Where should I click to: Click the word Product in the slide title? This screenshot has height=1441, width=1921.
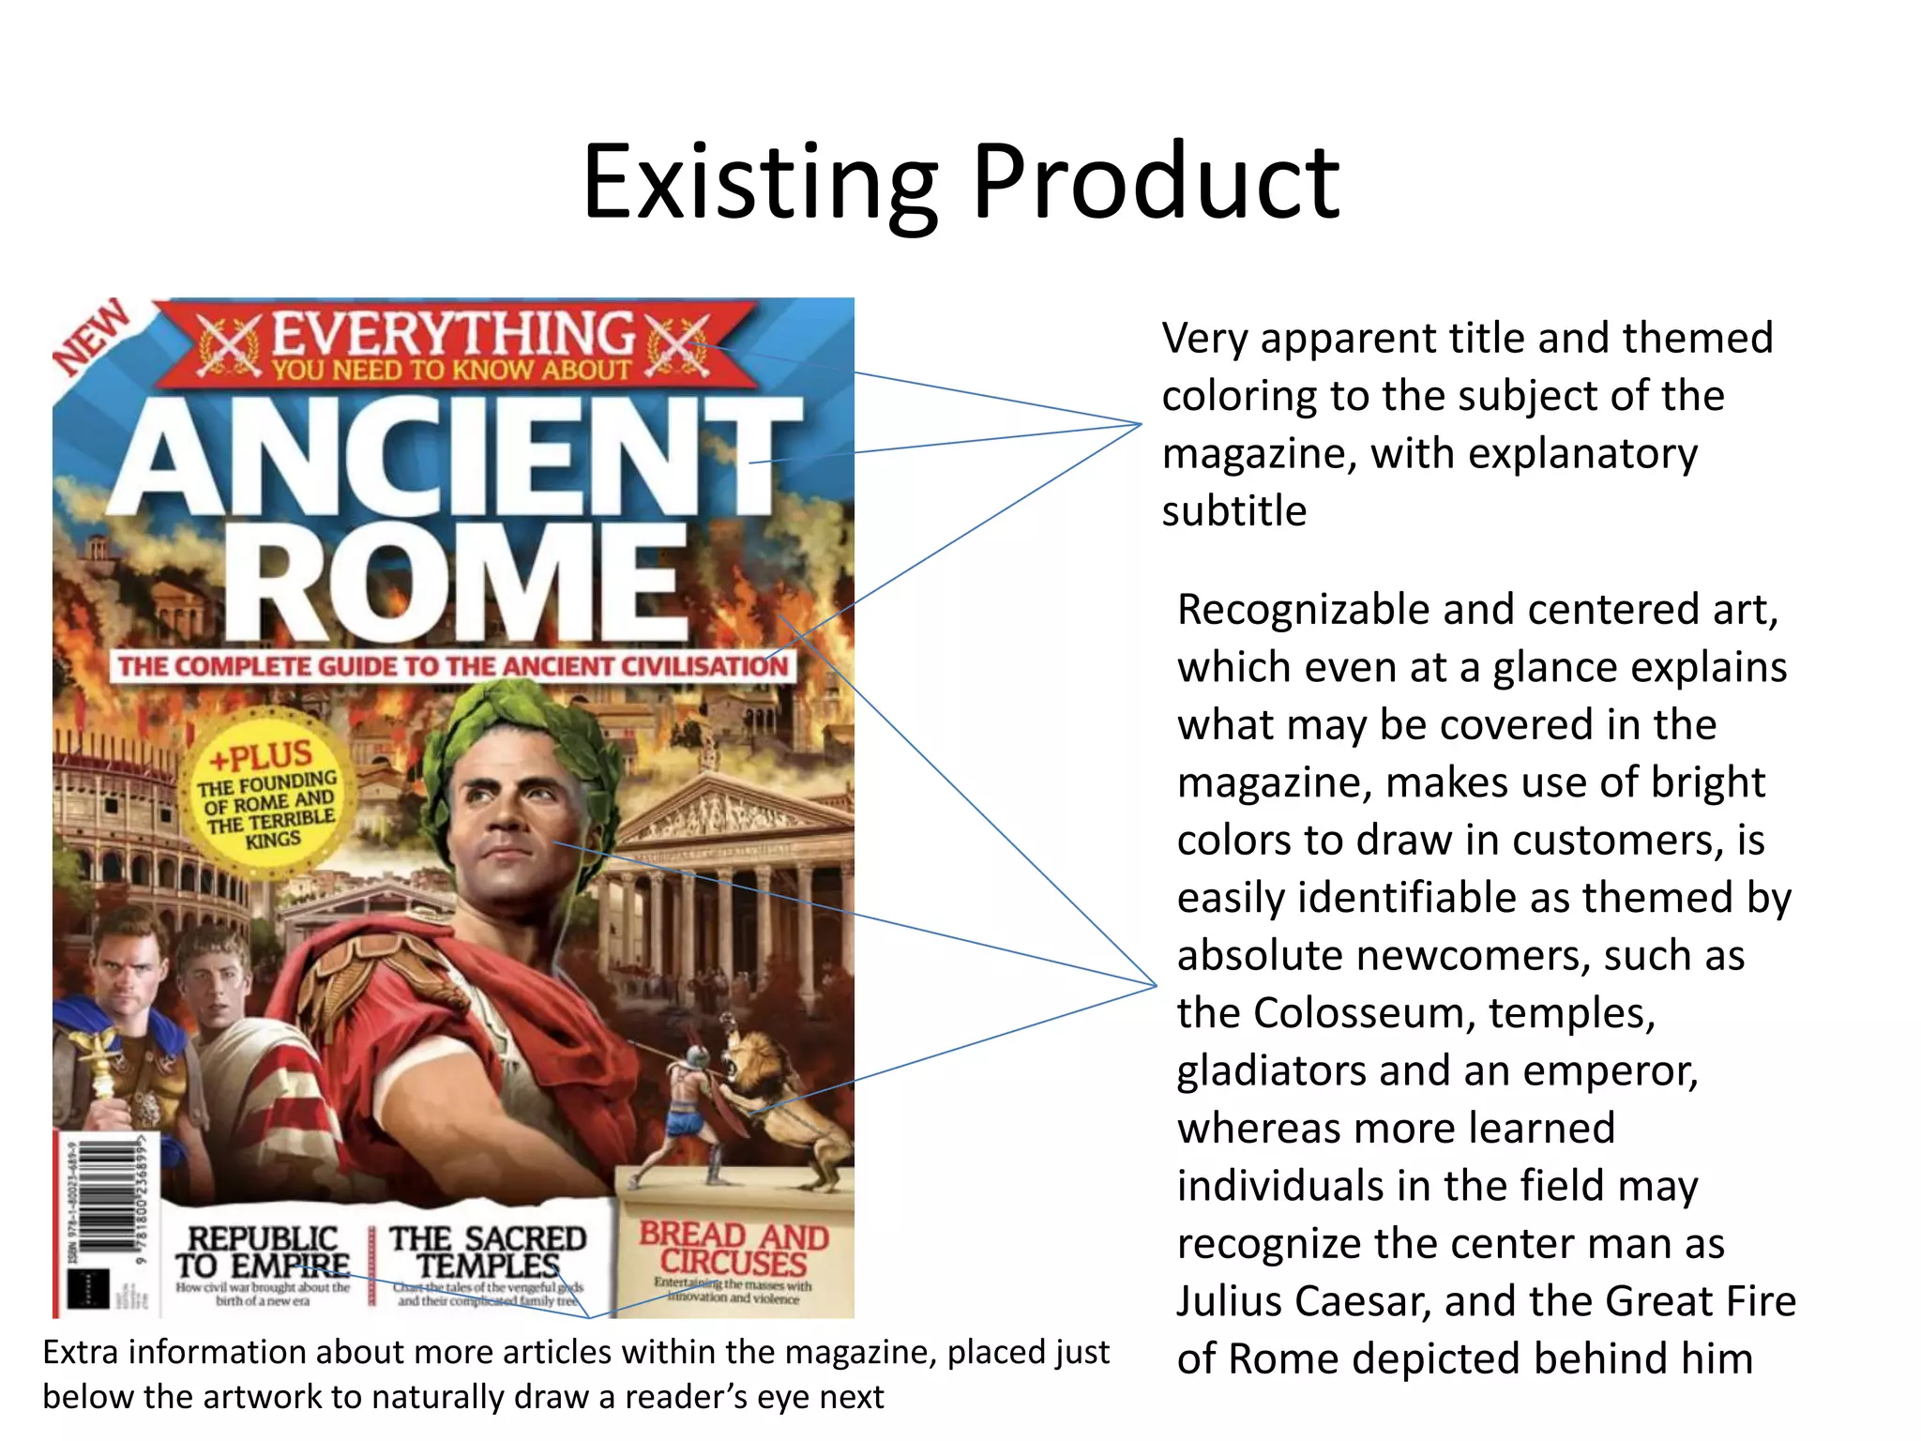coord(1156,182)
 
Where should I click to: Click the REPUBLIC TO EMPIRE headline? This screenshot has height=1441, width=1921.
coord(262,1252)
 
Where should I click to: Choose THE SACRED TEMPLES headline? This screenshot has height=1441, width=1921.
coord(488,1252)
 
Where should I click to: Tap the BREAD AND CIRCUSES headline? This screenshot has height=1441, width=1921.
coord(734,1249)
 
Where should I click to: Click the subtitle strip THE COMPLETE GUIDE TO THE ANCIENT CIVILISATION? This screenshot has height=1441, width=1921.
coord(453,666)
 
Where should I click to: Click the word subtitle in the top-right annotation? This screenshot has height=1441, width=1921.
coord(1233,511)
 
